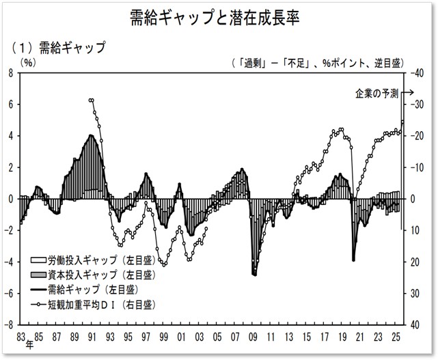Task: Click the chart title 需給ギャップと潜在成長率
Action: pos(219,16)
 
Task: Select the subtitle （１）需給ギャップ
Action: pos(58,48)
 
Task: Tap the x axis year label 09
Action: pos(253,335)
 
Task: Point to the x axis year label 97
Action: pos(146,335)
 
